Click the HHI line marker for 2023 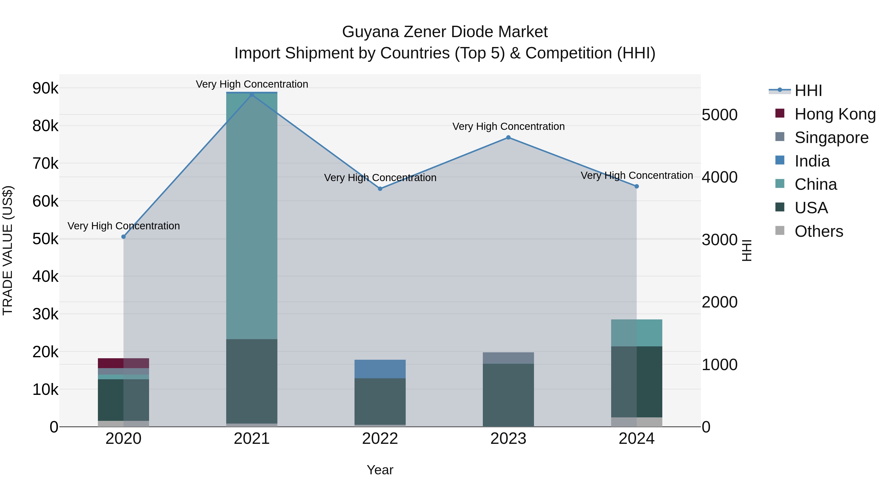(x=508, y=138)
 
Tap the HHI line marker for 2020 (x=123, y=237)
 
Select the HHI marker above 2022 (x=380, y=189)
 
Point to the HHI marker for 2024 (x=637, y=186)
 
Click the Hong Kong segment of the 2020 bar (x=123, y=363)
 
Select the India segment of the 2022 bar (x=380, y=369)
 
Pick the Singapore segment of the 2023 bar (x=508, y=358)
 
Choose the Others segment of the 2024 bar (x=637, y=422)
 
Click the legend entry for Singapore (x=831, y=138)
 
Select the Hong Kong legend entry (x=835, y=114)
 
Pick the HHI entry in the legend (x=808, y=91)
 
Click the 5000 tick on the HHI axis (x=720, y=115)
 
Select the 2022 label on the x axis (x=380, y=439)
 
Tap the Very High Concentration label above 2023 (x=508, y=126)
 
